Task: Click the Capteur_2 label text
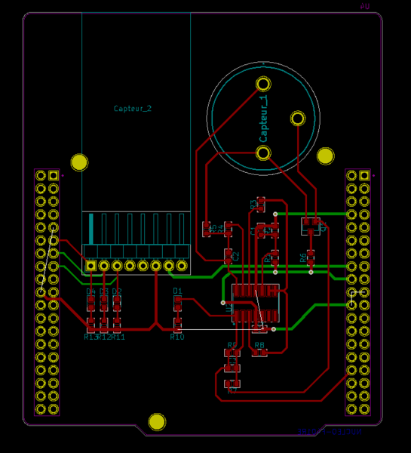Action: point(133,109)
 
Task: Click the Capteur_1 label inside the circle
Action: point(263,117)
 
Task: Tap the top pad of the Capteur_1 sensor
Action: point(263,83)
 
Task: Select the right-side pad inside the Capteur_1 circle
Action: point(298,118)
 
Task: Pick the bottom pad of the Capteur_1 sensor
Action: point(263,153)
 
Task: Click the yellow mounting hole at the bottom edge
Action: point(157,422)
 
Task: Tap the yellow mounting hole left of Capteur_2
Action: point(79,162)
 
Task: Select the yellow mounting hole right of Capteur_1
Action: point(325,156)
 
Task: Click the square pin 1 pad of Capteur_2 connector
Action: point(91,266)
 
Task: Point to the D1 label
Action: point(178,291)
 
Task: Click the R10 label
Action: point(177,337)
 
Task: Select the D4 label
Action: point(90,291)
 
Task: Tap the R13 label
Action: point(90,337)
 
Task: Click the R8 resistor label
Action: point(259,345)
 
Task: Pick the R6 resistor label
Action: point(303,257)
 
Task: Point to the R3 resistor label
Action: point(253,203)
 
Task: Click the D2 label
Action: point(117,291)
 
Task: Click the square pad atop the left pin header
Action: point(53,176)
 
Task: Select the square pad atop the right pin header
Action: point(365,176)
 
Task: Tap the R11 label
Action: point(118,337)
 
